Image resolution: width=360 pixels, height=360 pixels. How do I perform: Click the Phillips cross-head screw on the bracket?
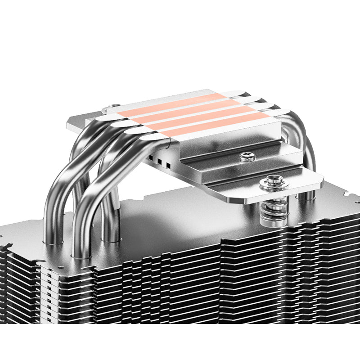pyautogui.click(x=246, y=157)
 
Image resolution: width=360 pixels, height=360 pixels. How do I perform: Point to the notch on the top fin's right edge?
pyautogui.click(x=346, y=194)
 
